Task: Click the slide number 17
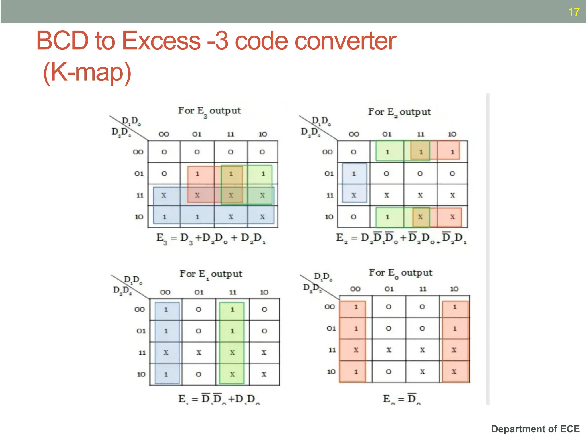pos(573,12)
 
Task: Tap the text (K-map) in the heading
pos(87,72)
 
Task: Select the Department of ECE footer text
pos(535,429)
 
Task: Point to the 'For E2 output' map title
pos(399,112)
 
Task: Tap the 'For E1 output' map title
pos(211,274)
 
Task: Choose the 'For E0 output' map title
pos(400,273)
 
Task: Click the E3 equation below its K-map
pos(211,239)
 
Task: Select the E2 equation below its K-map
pos(401,238)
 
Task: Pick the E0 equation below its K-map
pos(401,399)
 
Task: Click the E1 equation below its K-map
pos(219,399)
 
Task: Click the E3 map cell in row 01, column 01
pos(197,174)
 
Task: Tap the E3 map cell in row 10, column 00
pos(164,217)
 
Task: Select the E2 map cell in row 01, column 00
pos(354,174)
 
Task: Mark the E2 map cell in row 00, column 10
pos(452,152)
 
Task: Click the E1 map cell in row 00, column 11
pos(232,309)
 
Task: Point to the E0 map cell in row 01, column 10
pos(454,328)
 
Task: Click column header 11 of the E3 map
pos(231,134)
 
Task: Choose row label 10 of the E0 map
pos(331,372)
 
